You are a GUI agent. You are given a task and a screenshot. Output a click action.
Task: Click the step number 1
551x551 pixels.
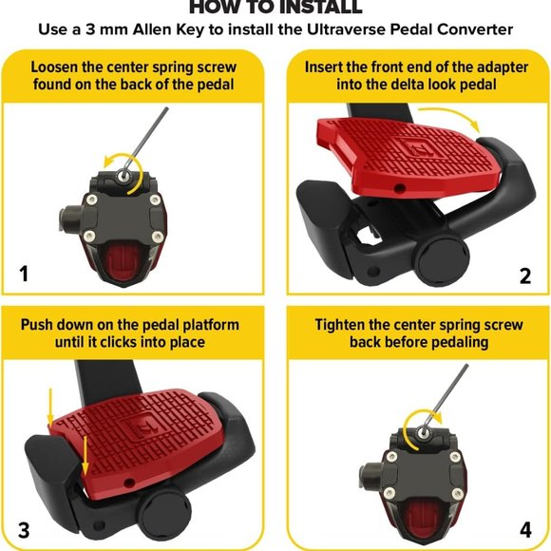24,275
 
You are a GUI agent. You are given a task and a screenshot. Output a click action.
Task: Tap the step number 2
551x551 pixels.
525,276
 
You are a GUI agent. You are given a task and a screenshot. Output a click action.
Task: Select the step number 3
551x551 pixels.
24,531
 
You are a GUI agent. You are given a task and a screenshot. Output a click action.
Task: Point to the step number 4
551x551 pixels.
525,531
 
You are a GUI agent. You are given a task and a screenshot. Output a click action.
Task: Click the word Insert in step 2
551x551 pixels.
318,67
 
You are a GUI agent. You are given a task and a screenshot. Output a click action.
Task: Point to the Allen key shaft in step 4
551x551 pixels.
446,397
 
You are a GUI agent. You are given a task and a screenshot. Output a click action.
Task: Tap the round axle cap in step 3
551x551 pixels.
164,517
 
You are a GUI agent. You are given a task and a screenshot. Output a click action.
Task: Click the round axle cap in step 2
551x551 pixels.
444,260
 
